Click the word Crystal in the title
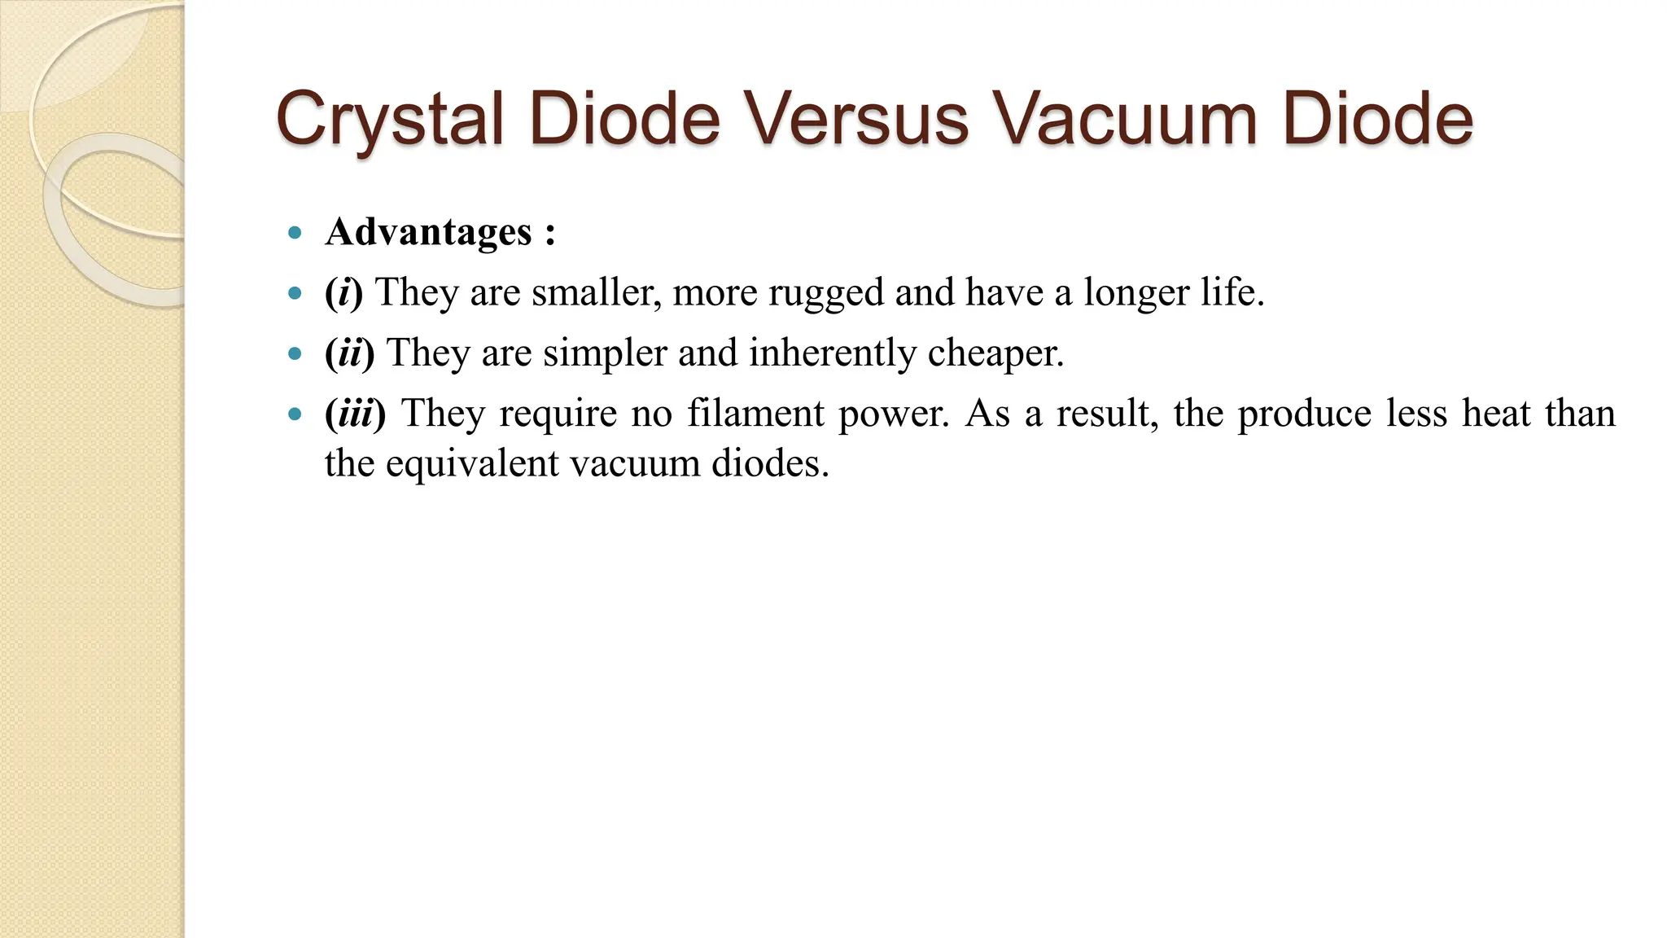click(390, 120)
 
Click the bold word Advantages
click(429, 232)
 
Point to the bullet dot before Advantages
click(295, 234)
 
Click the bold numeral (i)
click(343, 292)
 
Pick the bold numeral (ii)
click(349, 353)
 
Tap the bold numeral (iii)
click(355, 413)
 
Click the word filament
click(756, 413)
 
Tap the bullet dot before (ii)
click(295, 354)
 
